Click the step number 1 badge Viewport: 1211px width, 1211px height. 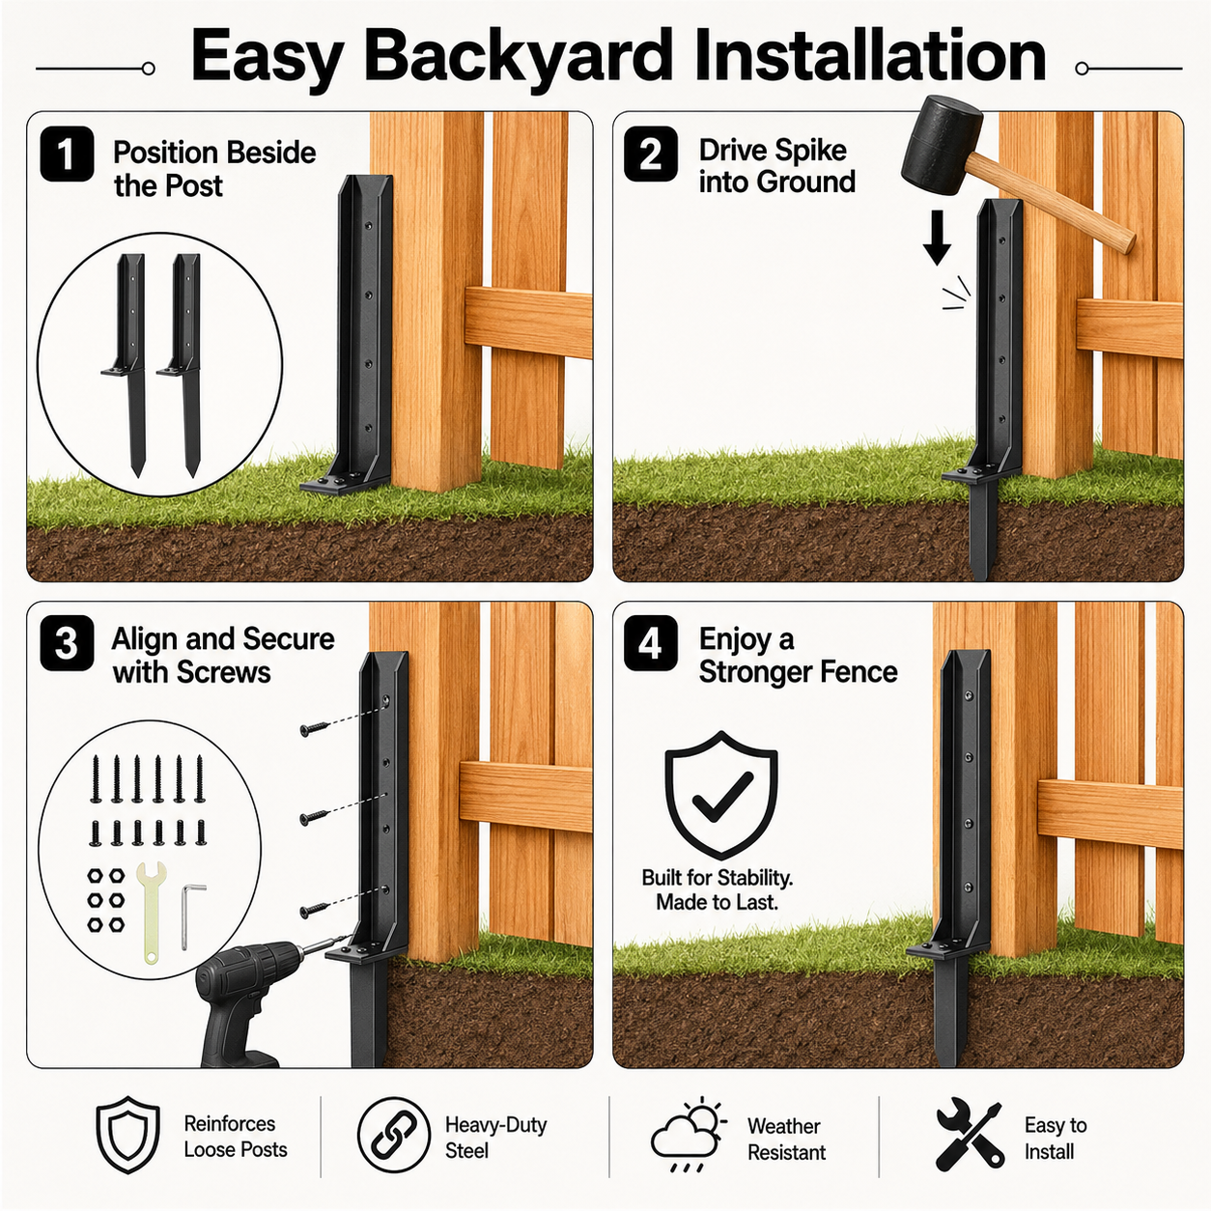tap(67, 154)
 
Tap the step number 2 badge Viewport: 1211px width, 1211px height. tap(651, 154)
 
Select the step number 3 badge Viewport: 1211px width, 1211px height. tap(67, 643)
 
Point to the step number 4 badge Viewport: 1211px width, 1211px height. tap(651, 643)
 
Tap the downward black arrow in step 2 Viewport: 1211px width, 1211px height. tap(937, 237)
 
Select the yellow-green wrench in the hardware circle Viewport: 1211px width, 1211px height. tap(152, 913)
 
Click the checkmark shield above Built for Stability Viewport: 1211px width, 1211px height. tap(720, 795)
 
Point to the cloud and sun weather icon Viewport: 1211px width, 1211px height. tap(689, 1136)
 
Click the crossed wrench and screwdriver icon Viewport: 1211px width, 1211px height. tap(969, 1136)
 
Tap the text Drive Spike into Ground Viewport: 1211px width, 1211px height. tap(776, 166)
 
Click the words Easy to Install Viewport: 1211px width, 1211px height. tap(1056, 1139)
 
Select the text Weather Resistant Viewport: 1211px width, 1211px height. tap(786, 1140)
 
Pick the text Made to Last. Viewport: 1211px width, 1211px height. tap(718, 902)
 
